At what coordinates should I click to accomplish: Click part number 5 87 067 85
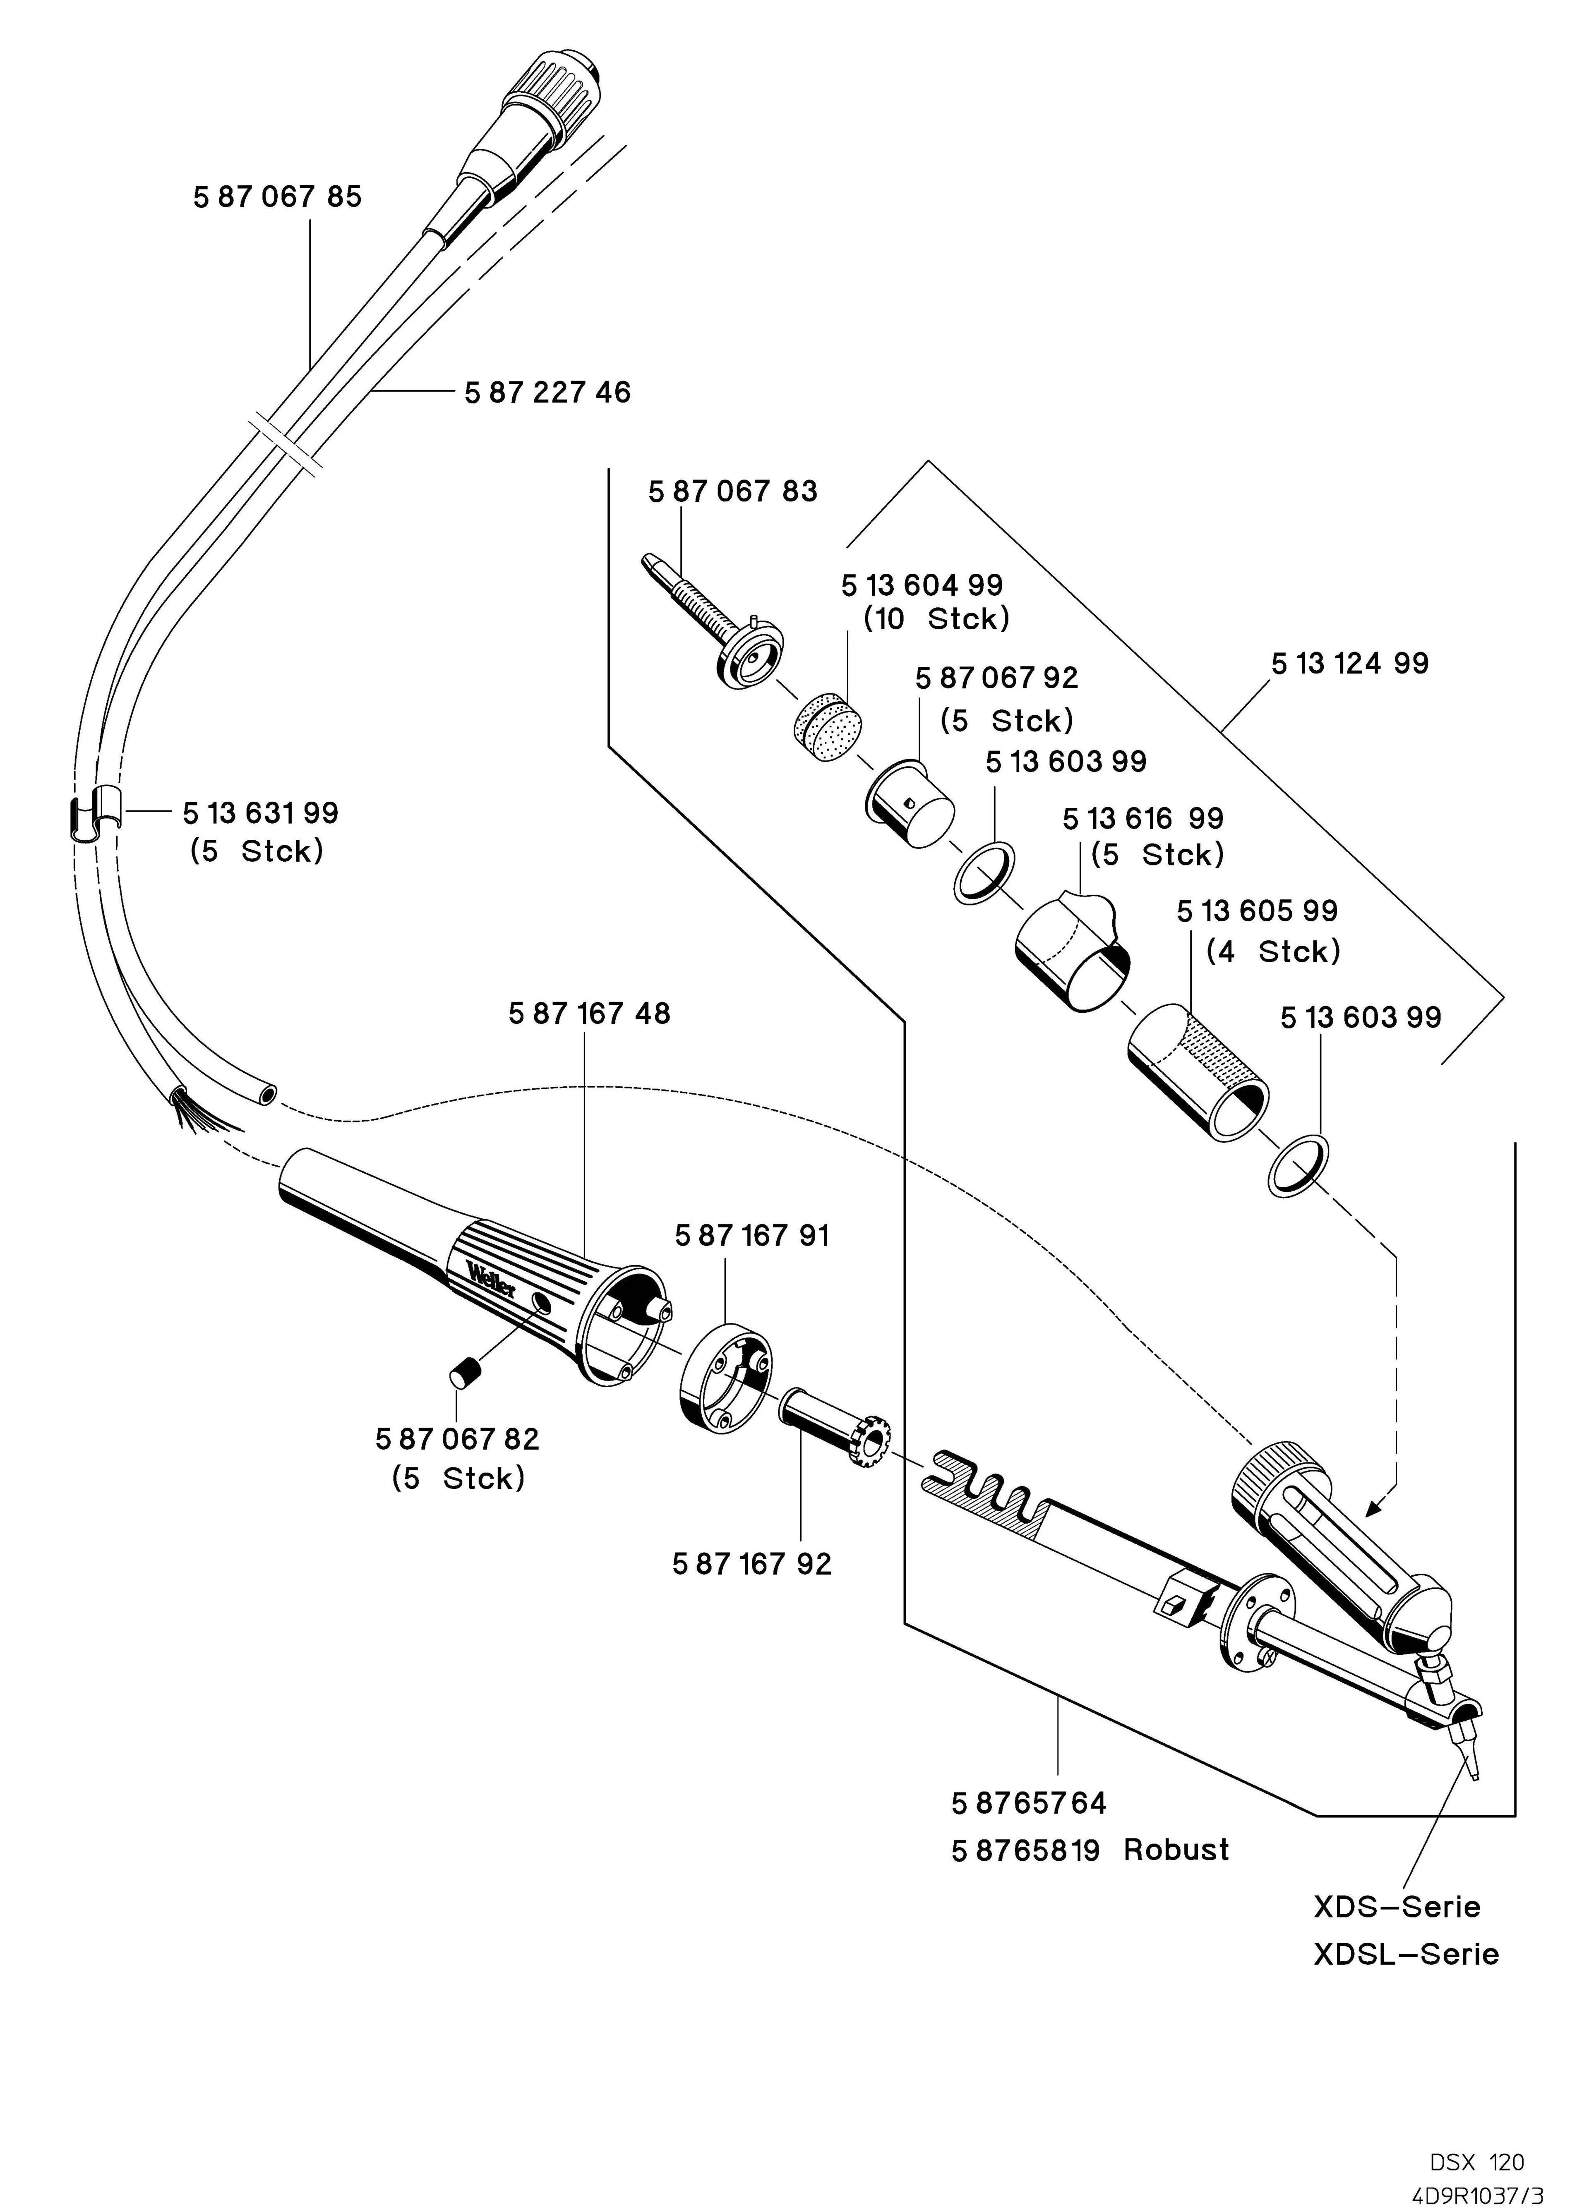[x=277, y=197]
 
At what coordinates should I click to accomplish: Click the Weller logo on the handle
[x=491, y=1279]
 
